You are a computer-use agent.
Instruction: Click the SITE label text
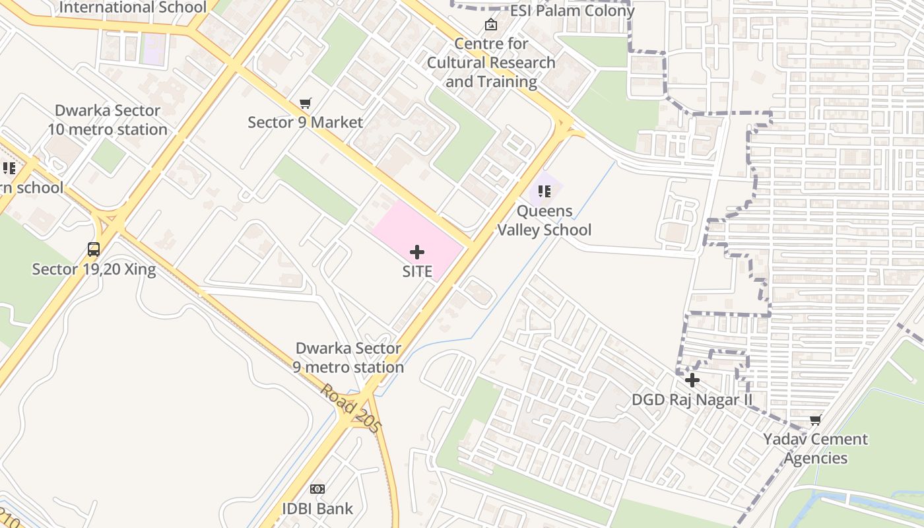(417, 271)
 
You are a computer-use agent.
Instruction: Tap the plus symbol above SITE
(417, 251)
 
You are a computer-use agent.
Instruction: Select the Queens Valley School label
(544, 220)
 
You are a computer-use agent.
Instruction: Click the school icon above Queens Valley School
(544, 191)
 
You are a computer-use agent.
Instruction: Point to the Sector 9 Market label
(305, 122)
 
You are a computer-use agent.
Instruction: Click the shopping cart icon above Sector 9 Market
(305, 103)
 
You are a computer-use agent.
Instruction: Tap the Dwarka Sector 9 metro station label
(348, 358)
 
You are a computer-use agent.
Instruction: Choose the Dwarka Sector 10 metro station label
(107, 119)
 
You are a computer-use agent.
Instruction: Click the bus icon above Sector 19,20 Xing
(94, 249)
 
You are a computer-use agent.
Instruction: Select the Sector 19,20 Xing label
(94, 269)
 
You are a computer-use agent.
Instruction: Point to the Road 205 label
(351, 409)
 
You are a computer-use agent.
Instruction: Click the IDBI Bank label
(317, 509)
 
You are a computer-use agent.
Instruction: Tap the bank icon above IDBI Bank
(317, 489)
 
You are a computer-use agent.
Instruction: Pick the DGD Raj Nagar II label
(692, 400)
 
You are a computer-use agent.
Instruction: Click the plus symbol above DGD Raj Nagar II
(692, 380)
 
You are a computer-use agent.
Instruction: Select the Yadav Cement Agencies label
(816, 448)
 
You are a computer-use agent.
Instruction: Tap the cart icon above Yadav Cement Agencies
(816, 420)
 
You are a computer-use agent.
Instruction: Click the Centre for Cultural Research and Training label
(491, 63)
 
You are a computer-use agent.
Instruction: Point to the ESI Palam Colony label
(572, 11)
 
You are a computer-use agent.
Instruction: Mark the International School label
(133, 7)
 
